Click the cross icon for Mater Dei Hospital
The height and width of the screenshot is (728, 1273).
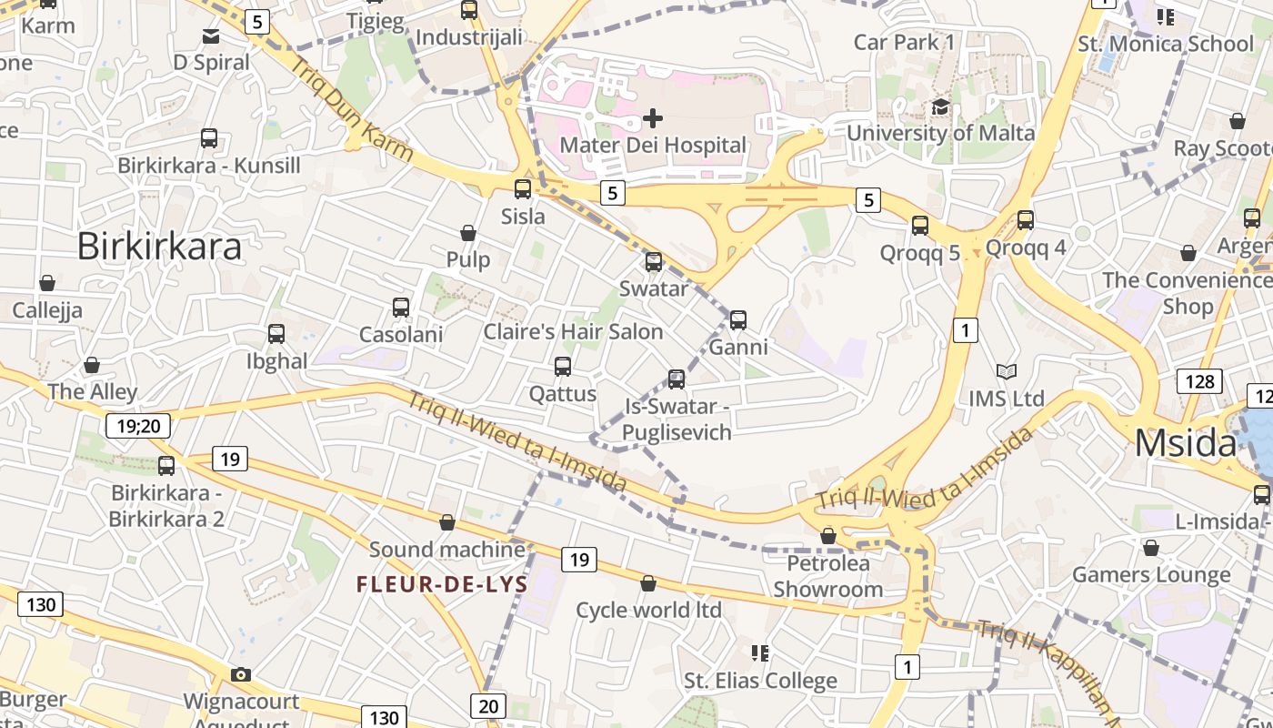click(653, 118)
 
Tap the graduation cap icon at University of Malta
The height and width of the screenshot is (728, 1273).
click(940, 107)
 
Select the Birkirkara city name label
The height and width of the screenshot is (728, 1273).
click(159, 247)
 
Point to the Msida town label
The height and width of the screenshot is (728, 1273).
click(1186, 444)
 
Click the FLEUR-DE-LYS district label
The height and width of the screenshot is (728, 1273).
click(442, 584)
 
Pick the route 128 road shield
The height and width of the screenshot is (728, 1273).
click(1199, 381)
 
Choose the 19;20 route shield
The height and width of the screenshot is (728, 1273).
click(138, 425)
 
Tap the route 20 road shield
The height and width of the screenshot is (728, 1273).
click(488, 705)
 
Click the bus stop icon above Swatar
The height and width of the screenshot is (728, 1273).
click(653, 262)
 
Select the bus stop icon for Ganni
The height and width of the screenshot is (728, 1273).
click(738, 320)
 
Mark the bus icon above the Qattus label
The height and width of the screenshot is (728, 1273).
click(563, 367)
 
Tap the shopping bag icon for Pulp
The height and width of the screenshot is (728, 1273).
click(468, 233)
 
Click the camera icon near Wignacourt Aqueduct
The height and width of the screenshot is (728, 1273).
click(241, 674)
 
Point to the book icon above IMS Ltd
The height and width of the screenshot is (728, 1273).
click(1006, 371)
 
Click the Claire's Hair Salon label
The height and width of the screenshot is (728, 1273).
click(573, 331)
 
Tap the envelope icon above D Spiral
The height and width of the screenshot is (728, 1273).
click(211, 36)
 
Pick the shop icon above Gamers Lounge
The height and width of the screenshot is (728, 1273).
click(1151, 548)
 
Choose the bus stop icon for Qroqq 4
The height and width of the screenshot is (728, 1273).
click(1026, 220)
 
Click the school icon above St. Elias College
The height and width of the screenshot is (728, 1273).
click(760, 652)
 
